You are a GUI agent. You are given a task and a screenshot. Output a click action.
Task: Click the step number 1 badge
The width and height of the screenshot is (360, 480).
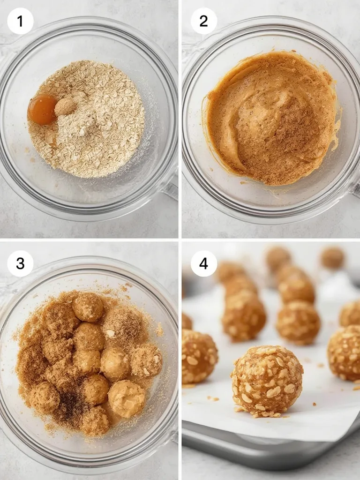20,21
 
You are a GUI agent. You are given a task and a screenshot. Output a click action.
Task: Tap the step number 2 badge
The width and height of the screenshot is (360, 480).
203,21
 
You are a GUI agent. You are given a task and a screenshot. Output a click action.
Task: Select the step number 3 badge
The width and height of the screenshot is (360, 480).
20,263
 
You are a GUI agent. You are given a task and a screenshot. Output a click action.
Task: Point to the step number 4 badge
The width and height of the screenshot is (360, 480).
203,263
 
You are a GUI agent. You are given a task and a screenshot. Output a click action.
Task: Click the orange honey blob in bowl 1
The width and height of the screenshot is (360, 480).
42,109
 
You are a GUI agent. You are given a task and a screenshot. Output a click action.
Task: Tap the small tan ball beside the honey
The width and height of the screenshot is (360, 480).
66,107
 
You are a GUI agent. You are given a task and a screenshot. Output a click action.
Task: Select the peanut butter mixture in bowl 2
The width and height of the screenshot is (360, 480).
272,117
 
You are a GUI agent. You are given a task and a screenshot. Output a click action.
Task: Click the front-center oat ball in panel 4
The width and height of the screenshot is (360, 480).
267,380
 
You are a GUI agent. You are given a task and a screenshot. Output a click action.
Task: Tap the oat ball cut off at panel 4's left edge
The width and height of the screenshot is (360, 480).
199,356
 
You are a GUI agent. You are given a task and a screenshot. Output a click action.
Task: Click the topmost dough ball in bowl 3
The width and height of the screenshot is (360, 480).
88,307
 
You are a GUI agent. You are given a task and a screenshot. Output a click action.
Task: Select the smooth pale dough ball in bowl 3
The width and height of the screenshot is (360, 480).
127,398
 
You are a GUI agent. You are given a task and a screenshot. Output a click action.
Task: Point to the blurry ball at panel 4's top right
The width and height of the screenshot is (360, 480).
332,257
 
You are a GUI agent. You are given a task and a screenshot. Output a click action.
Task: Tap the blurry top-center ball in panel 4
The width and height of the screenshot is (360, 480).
278,257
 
